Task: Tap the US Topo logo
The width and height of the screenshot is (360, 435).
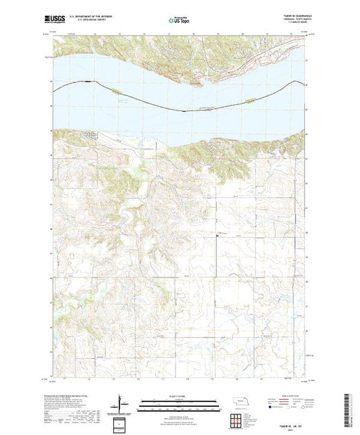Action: click(180, 21)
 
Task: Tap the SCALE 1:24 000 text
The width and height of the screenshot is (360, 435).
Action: click(180, 396)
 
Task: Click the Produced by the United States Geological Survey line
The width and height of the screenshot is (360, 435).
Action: click(69, 391)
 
